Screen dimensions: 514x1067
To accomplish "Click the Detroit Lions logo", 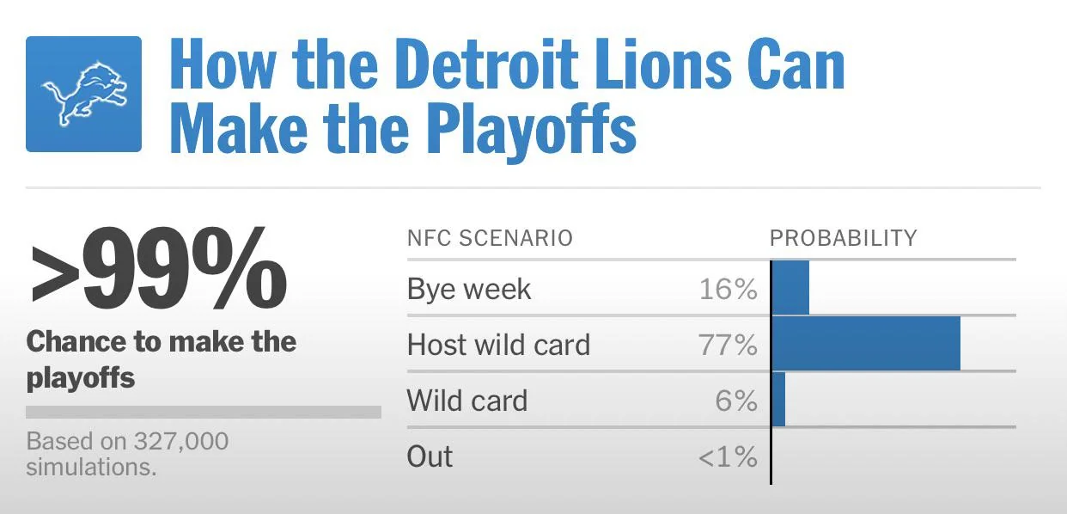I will coord(83,95).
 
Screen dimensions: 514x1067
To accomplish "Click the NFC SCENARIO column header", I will coord(490,238).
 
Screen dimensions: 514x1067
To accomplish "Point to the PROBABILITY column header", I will coord(843,238).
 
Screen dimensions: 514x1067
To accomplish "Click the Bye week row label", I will coord(469,290).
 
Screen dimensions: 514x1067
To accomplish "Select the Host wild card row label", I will coord(498,346).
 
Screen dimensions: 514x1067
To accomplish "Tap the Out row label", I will coord(430,456).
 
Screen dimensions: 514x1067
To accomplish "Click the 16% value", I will coord(728,290).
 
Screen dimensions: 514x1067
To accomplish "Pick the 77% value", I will coord(728,346).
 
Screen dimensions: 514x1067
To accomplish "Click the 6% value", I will coord(735,401).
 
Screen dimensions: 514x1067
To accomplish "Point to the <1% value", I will coord(728,456).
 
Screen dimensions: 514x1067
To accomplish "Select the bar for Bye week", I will coord(791,288).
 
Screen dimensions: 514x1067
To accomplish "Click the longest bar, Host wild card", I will coord(866,344).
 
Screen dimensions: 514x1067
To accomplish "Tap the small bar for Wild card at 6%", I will coord(779,400).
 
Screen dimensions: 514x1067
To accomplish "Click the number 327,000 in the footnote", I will coord(181,442).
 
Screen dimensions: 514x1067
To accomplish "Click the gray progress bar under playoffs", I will coord(204,412).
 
